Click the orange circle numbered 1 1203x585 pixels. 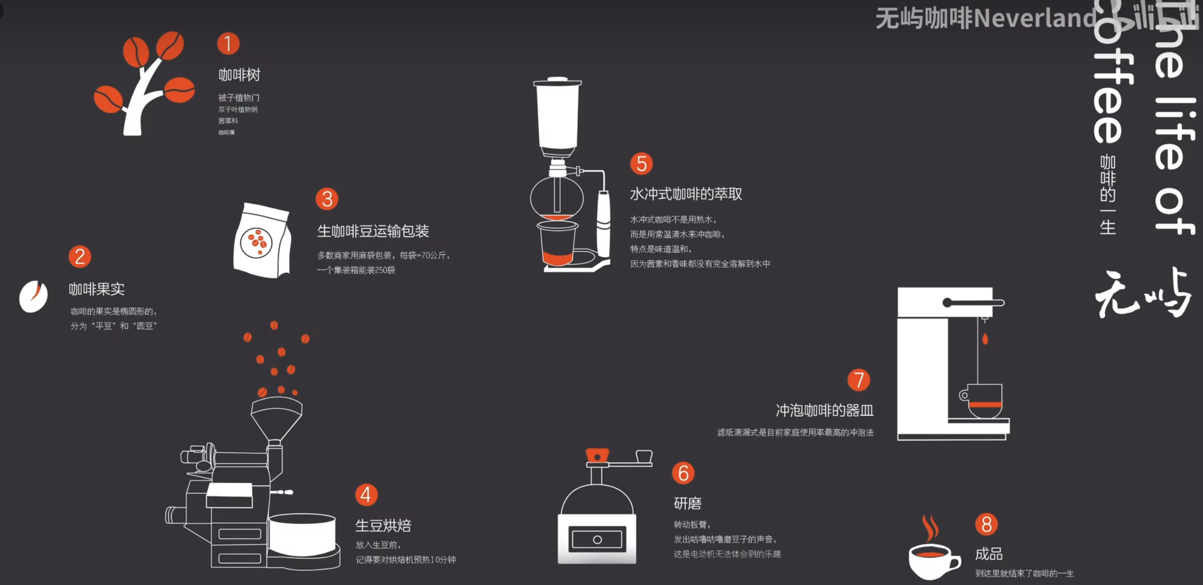[228, 44]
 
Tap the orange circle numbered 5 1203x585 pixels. [641, 164]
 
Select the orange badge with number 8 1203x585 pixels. [986, 524]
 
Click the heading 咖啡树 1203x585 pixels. [239, 75]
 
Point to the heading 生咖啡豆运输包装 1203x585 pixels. [373, 231]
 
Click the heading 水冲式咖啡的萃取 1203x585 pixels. [685, 194]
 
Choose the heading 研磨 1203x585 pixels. [687, 503]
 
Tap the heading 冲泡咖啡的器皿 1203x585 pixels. [824, 410]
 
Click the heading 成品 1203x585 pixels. [988, 554]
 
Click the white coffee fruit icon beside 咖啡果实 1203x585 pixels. [33, 296]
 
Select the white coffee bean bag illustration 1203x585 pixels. [262, 241]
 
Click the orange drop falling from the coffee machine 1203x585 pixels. [985, 339]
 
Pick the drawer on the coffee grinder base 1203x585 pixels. [597, 540]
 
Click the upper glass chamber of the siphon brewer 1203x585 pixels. [557, 115]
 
